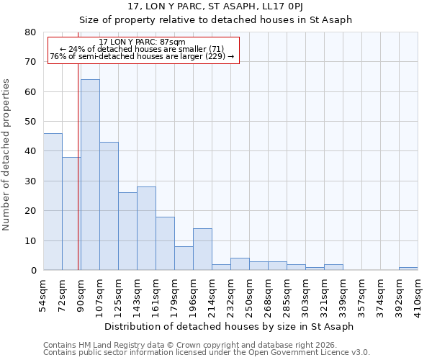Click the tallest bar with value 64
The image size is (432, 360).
click(90, 175)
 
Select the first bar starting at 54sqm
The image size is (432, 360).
click(53, 202)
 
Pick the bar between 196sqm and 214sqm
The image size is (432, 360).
click(202, 249)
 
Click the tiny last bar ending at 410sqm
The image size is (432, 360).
click(408, 269)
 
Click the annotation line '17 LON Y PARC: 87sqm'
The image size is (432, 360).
click(142, 42)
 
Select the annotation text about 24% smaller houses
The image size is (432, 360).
click(142, 49)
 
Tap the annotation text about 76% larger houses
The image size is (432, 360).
click(142, 56)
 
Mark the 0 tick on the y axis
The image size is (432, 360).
click(33, 271)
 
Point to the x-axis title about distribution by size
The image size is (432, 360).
click(229, 327)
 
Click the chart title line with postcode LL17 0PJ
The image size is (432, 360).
click(215, 6)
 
